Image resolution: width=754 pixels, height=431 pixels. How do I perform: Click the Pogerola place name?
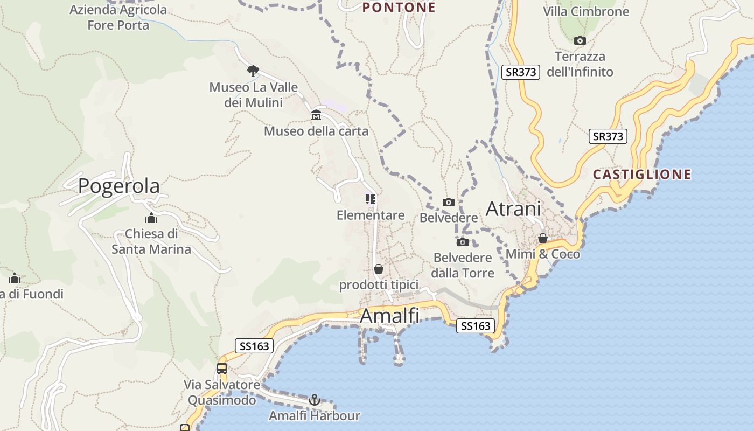tap(118, 186)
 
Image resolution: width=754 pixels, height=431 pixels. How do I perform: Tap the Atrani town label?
tap(513, 208)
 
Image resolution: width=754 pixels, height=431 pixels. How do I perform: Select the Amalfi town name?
tap(389, 316)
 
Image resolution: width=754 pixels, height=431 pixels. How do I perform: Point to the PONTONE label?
tap(399, 8)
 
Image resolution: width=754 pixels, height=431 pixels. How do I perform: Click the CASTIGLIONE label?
tap(642, 175)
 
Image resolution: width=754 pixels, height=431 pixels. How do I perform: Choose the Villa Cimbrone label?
tap(586, 11)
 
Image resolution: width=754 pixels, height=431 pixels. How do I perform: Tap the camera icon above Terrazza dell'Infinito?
tap(580, 40)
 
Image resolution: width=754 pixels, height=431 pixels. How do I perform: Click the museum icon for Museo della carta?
tap(316, 115)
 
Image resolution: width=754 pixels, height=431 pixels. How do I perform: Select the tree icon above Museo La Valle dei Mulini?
tap(253, 71)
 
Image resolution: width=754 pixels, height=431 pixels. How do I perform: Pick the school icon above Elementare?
tap(371, 199)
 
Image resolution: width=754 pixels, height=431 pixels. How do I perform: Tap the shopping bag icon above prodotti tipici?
tap(379, 268)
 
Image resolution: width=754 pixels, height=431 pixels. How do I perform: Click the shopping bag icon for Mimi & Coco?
tap(543, 238)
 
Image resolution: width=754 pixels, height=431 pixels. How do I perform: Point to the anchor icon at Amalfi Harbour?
tap(315, 400)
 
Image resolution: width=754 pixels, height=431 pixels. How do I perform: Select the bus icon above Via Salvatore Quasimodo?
tap(222, 369)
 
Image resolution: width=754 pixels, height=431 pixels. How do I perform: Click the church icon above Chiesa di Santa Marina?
tap(151, 218)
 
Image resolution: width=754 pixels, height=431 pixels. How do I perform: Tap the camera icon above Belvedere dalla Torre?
tap(463, 242)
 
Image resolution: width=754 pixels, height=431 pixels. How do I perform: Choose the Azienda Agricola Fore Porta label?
tap(118, 17)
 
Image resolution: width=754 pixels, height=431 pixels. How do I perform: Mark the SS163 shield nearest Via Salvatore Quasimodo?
tap(254, 346)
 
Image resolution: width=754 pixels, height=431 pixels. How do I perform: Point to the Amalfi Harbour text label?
tap(315, 416)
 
